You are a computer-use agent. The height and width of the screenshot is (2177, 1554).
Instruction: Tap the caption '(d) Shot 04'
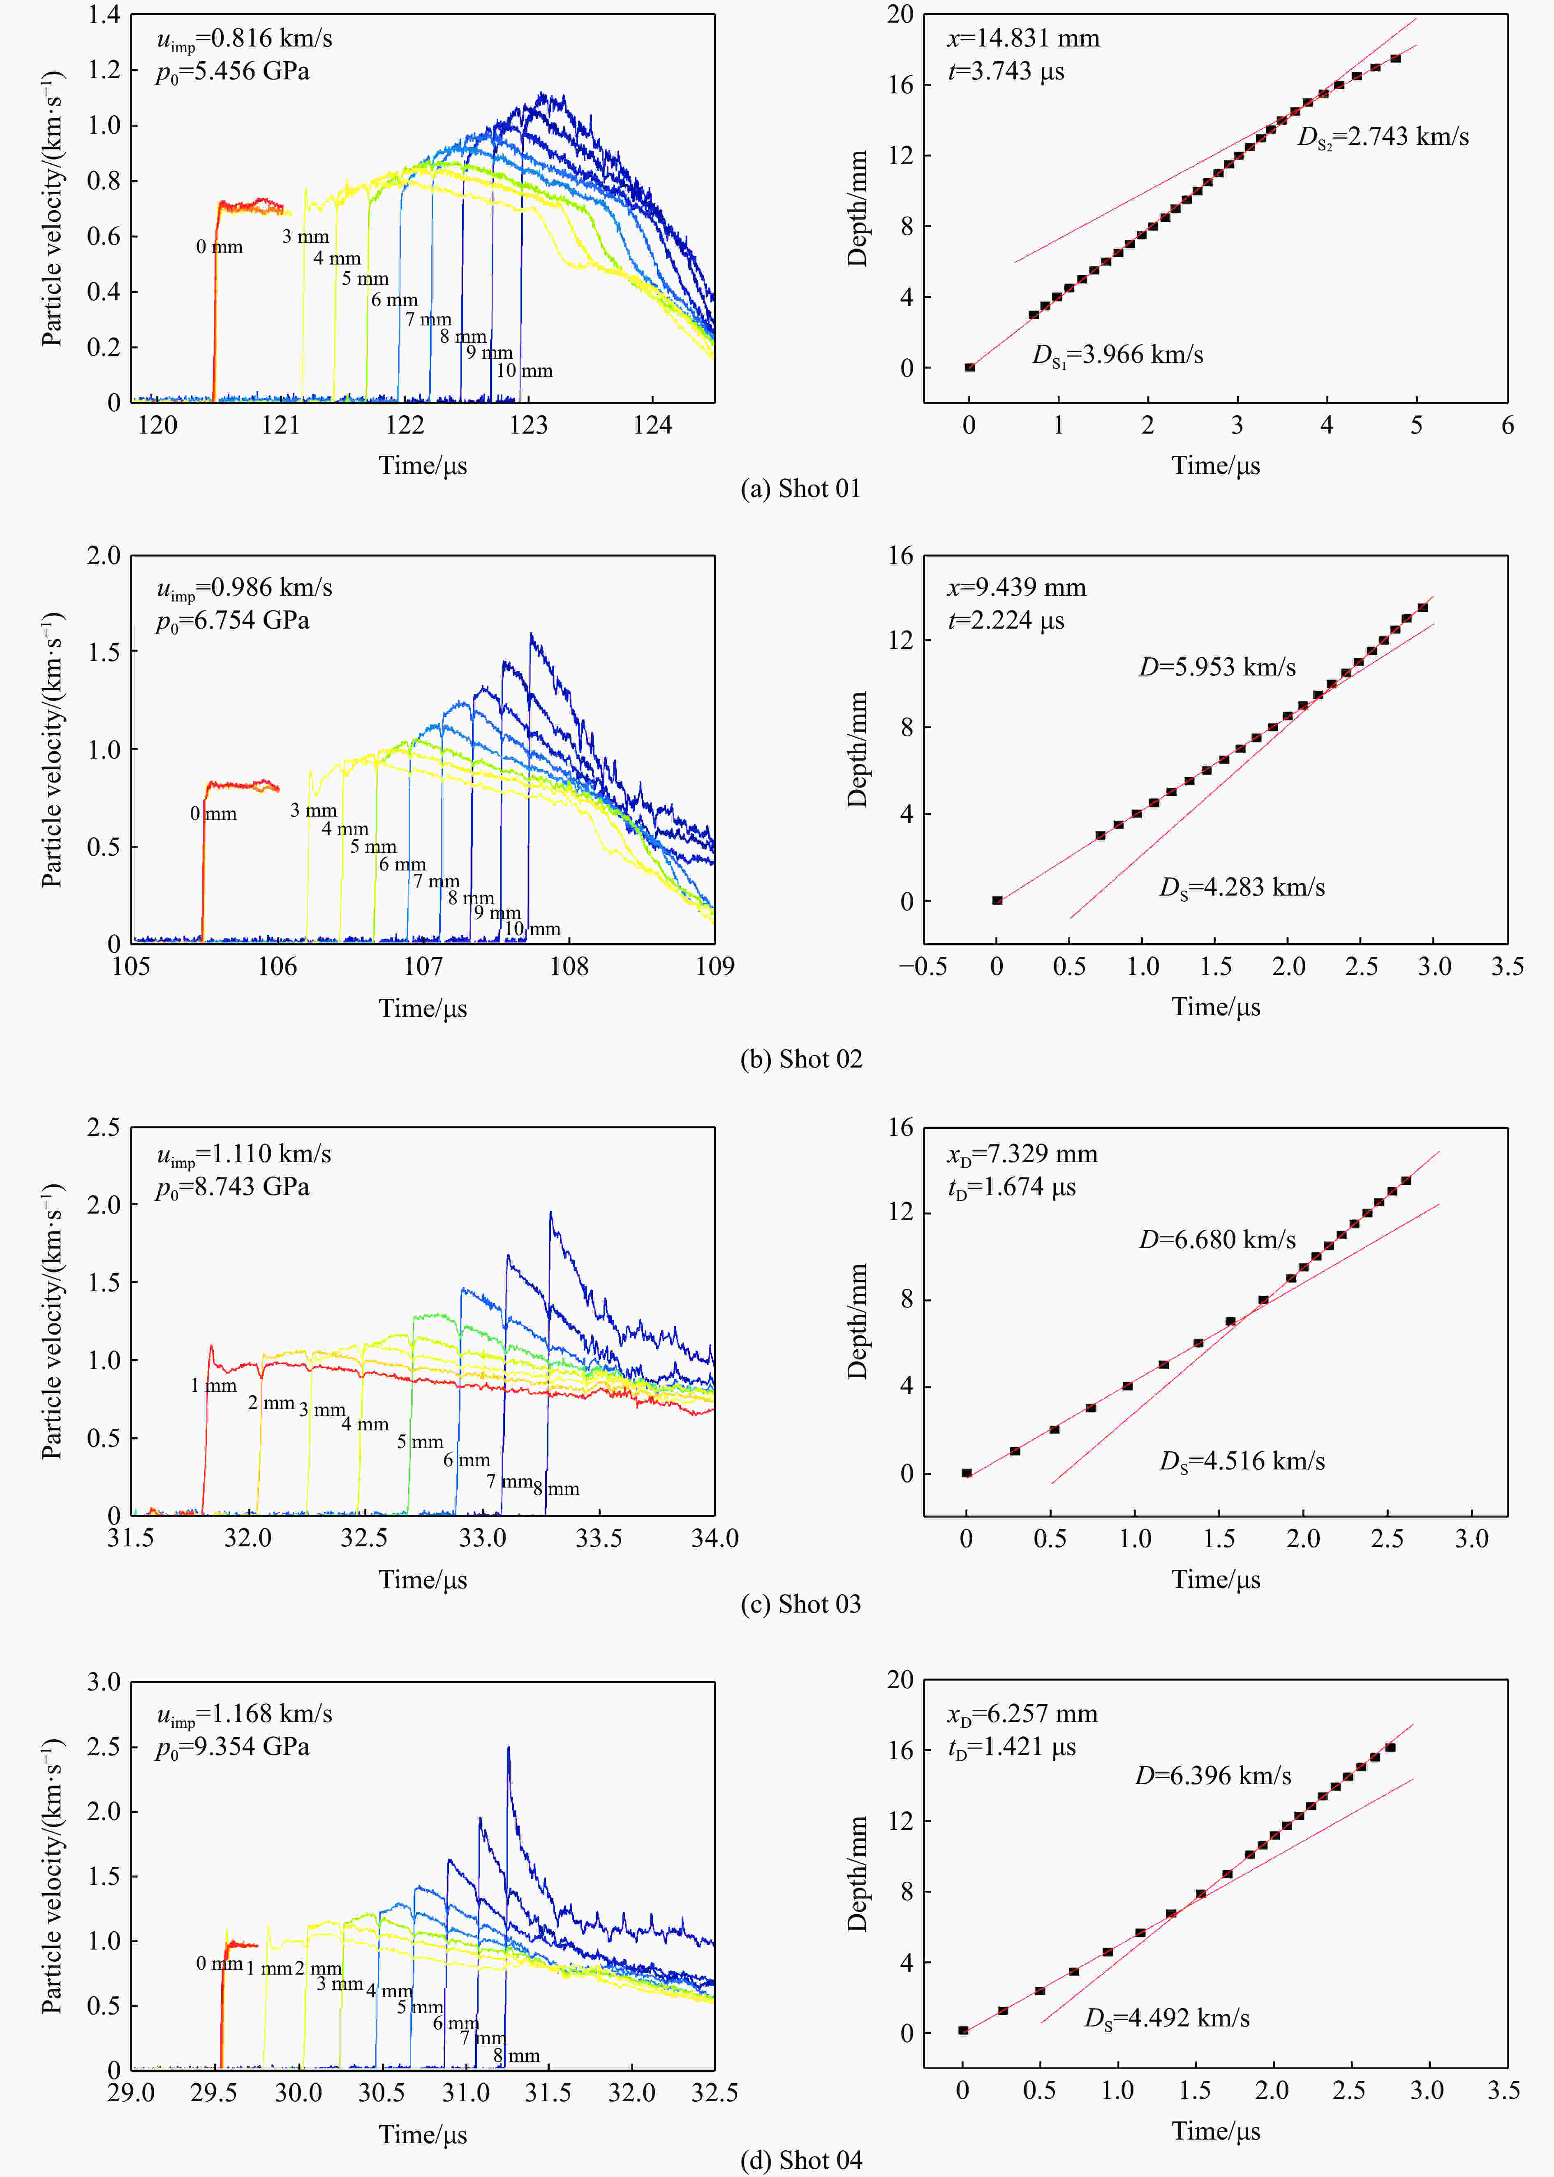point(801,2161)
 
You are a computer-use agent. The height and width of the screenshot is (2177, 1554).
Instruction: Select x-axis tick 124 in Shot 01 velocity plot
point(652,426)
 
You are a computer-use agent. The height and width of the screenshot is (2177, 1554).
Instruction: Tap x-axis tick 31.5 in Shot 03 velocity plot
point(131,1539)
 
